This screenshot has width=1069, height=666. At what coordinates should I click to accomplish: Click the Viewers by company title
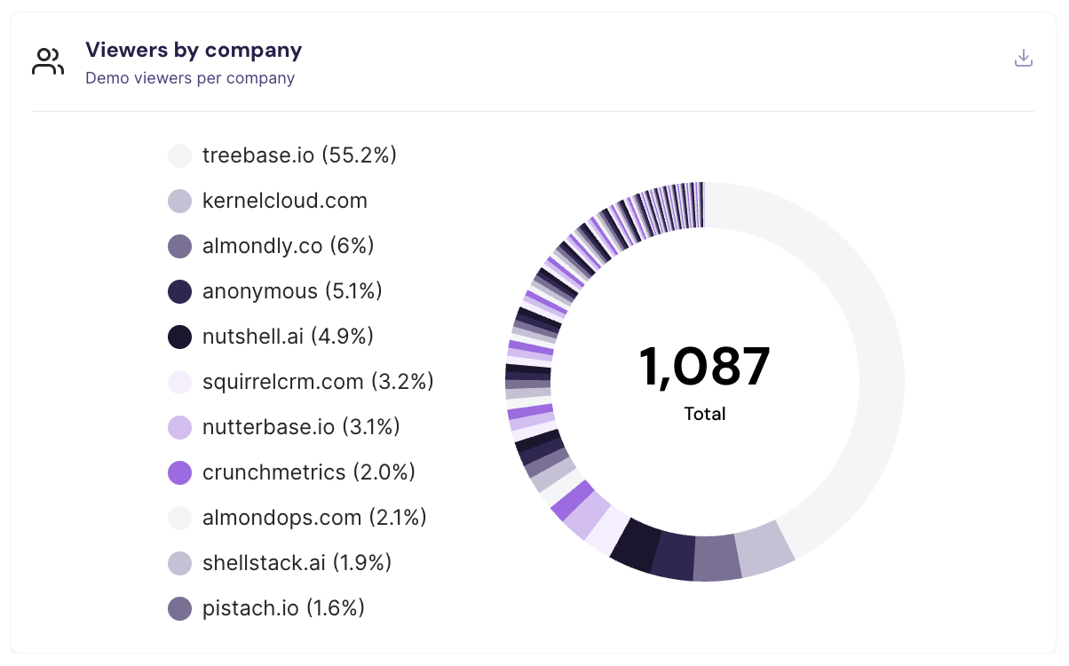pos(194,50)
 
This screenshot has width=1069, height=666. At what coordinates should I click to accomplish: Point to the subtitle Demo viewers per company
pos(190,78)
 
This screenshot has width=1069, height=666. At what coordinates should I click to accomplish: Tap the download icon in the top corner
pos(1024,59)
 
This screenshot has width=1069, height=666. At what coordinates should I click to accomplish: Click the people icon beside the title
pos(48,62)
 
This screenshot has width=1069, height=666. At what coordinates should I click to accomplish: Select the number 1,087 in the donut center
pos(704,366)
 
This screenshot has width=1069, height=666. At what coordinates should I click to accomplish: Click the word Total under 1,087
pos(705,414)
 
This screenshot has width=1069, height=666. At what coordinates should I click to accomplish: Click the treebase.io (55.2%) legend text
pos(299,155)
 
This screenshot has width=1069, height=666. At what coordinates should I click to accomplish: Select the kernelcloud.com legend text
pos(285,201)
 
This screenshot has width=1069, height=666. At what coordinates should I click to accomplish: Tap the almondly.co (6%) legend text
pos(289,246)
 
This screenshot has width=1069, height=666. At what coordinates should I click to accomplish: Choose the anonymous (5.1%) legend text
pos(292,291)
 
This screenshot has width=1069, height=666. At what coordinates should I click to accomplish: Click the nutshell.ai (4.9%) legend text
pos(288,337)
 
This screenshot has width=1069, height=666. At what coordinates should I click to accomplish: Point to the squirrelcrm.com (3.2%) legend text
pos(318,382)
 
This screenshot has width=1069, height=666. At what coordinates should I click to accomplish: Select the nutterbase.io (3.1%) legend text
pos(301,427)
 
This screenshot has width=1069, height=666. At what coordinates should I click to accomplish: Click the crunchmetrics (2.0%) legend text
pos(309,472)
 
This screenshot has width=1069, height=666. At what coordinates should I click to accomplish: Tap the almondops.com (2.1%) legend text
pos(314,518)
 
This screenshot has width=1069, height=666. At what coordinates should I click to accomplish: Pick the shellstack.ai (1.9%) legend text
pos(297,563)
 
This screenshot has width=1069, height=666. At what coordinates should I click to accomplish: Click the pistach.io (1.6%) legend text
pos(283,608)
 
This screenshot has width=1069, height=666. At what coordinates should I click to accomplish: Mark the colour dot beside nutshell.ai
pos(180,337)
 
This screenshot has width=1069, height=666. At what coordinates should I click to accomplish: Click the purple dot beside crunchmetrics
pos(180,472)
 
